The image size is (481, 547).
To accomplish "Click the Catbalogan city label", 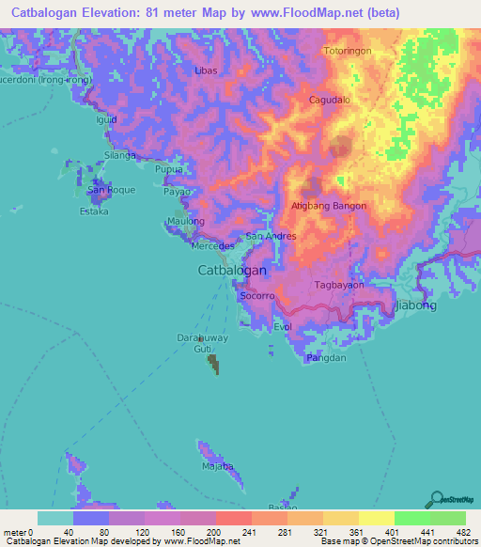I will click(x=232, y=270).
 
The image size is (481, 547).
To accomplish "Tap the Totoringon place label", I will click(x=348, y=51).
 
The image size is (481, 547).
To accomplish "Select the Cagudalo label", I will click(x=330, y=99).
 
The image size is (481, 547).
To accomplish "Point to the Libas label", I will click(x=205, y=71).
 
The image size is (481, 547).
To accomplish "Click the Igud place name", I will click(x=105, y=120).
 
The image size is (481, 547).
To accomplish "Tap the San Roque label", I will click(x=111, y=190).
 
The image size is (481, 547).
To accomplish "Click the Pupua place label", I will click(x=168, y=169).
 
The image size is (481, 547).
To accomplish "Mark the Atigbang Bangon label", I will click(x=329, y=206).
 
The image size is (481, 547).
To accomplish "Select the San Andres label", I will click(x=271, y=236).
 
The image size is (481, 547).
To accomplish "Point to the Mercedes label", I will click(x=211, y=246).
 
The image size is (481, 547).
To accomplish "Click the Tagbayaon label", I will click(x=339, y=284).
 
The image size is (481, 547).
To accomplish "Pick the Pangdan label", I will click(x=327, y=357).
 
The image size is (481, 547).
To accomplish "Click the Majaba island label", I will click(x=218, y=466).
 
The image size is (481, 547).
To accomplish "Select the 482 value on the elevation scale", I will click(x=463, y=532).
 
